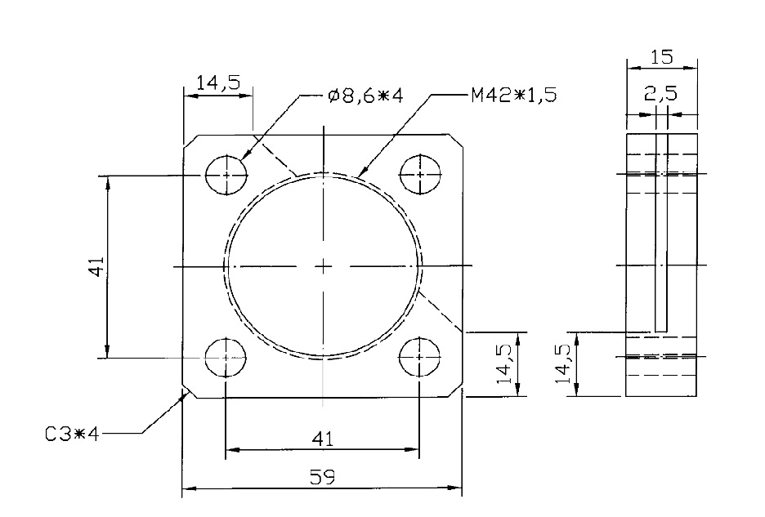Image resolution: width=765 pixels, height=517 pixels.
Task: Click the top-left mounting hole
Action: [x=226, y=175]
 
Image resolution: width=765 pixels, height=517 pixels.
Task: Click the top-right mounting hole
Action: [x=420, y=175]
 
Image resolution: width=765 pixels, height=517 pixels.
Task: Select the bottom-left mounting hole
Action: [x=226, y=357]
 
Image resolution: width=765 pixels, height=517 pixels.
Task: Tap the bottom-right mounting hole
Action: [x=420, y=357]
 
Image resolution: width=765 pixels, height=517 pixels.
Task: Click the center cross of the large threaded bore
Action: [x=324, y=266]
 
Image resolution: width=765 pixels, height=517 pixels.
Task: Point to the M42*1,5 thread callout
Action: [x=513, y=96]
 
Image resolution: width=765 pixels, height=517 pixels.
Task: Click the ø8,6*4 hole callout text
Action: [x=365, y=96]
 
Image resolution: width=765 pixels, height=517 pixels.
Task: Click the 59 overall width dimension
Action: [x=323, y=477]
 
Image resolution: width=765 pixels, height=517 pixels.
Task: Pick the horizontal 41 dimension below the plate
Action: [x=323, y=439]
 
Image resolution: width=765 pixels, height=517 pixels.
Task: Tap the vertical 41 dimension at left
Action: [x=96, y=266]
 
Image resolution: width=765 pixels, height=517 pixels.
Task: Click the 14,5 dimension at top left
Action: [x=217, y=82]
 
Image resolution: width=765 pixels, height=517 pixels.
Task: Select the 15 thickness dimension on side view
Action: [x=661, y=58]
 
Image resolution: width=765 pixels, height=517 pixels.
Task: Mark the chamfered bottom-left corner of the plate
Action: [x=187, y=392]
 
